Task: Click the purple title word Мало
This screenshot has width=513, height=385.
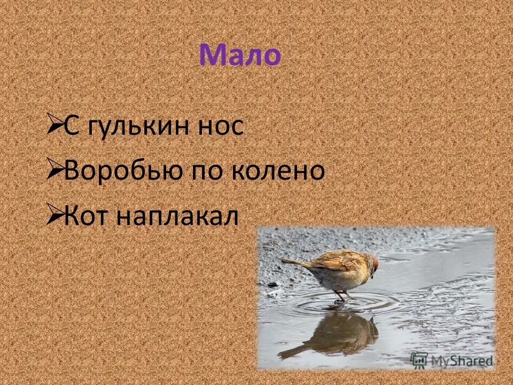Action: click(240, 56)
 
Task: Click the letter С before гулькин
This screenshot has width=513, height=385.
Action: click(72, 127)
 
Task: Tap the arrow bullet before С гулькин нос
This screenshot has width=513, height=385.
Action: click(54, 127)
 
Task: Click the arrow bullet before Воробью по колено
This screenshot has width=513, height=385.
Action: click(54, 171)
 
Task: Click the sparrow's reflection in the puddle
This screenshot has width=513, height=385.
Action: click(342, 334)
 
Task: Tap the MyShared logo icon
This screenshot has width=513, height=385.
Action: click(419, 359)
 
